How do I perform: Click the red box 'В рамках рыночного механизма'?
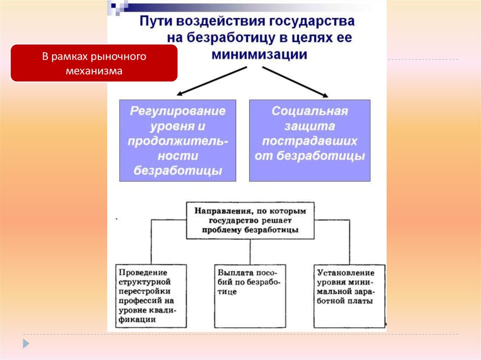click(x=94, y=64)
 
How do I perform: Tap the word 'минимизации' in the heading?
click(x=259, y=54)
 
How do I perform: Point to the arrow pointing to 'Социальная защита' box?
click(x=295, y=82)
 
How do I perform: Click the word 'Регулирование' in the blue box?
click(x=178, y=112)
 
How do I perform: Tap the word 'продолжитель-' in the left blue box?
click(x=178, y=141)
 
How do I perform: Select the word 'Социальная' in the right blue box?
click(x=310, y=112)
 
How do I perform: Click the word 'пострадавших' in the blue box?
click(x=310, y=141)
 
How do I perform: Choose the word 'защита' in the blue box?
click(x=310, y=126)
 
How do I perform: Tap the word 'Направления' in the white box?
click(x=218, y=211)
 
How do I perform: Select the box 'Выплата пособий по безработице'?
click(x=249, y=296)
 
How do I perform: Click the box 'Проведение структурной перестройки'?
click(x=151, y=296)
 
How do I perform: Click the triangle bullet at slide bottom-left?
click(x=26, y=343)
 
